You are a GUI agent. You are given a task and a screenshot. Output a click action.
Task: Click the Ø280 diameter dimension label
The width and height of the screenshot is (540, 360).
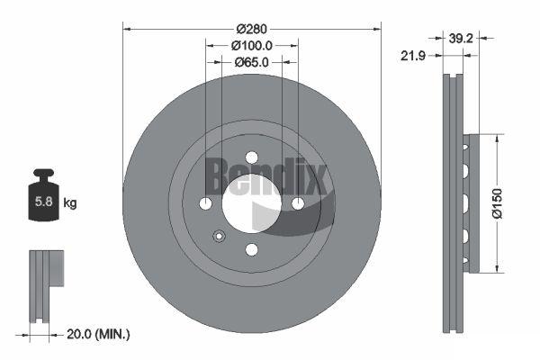pos(252,29)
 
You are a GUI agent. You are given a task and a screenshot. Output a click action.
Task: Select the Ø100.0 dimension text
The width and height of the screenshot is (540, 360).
pos(252,46)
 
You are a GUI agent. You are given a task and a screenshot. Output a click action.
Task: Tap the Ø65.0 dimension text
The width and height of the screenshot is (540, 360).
pos(252,62)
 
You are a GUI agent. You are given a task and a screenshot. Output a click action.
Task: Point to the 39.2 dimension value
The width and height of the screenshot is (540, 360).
pos(461,38)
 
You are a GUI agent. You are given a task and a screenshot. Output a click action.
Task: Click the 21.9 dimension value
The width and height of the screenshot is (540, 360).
pos(413,55)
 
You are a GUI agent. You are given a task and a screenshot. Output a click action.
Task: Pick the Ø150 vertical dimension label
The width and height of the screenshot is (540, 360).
pos(498,203)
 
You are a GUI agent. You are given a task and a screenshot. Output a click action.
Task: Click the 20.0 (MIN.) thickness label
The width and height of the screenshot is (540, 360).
pos(98,334)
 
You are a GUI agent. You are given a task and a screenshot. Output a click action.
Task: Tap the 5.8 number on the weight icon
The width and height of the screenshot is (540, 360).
pos(44,202)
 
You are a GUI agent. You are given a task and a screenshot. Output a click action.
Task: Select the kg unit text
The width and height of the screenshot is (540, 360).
pos(70,202)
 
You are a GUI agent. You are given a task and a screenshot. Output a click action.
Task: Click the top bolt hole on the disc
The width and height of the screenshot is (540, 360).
pos(252,157)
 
